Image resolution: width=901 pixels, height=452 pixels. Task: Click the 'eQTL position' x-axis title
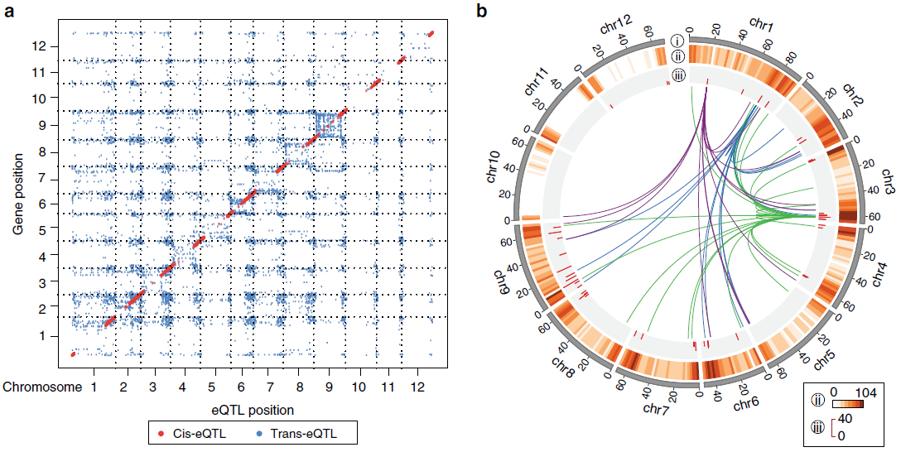pyautogui.click(x=253, y=409)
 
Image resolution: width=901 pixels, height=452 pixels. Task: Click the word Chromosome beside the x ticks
pyautogui.click(x=41, y=387)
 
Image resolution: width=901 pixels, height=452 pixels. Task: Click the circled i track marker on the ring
pyautogui.click(x=678, y=40)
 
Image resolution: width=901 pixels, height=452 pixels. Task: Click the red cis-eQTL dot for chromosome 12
pyautogui.click(x=431, y=34)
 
